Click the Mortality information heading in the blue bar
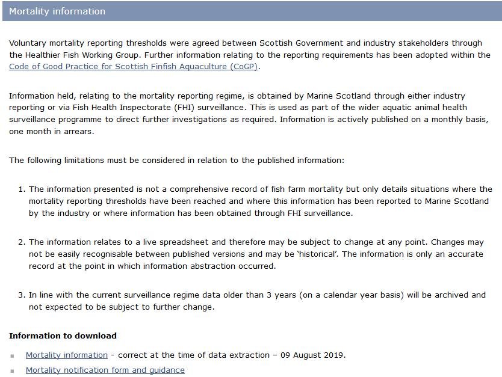click(x=57, y=11)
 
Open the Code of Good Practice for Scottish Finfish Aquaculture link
click(x=133, y=66)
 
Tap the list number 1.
click(x=21, y=189)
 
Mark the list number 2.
click(x=21, y=242)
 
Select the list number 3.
click(x=21, y=295)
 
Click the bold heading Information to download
click(x=63, y=336)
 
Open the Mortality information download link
click(x=66, y=355)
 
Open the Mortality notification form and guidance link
click(x=105, y=370)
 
